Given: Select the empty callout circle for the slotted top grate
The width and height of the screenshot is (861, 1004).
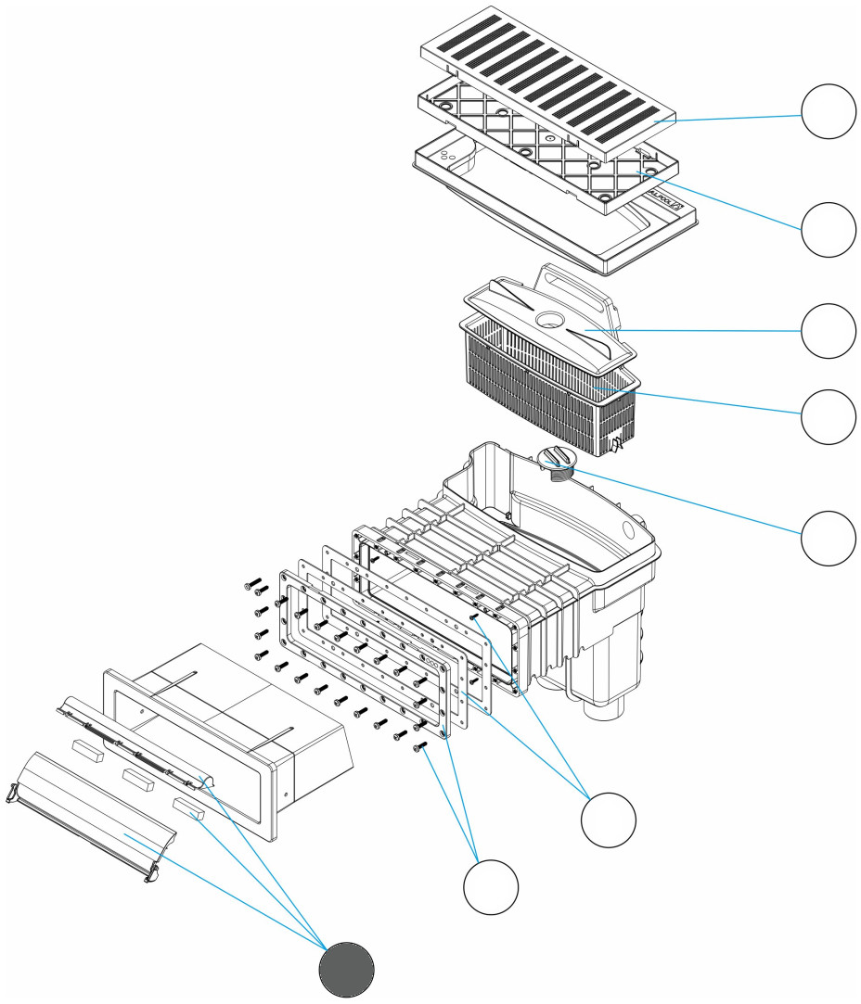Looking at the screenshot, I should click(x=828, y=111).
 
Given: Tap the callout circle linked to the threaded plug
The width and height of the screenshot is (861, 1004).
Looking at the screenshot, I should click(x=828, y=537).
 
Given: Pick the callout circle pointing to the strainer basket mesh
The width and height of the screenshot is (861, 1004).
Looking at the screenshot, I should click(x=828, y=416).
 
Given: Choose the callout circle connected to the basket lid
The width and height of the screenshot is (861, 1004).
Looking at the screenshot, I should click(x=828, y=331).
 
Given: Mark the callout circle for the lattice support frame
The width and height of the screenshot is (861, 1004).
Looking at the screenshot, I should click(x=828, y=230).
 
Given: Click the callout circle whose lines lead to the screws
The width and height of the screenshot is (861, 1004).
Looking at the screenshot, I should click(x=491, y=887).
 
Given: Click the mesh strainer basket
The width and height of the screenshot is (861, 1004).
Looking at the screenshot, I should click(x=547, y=399).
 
